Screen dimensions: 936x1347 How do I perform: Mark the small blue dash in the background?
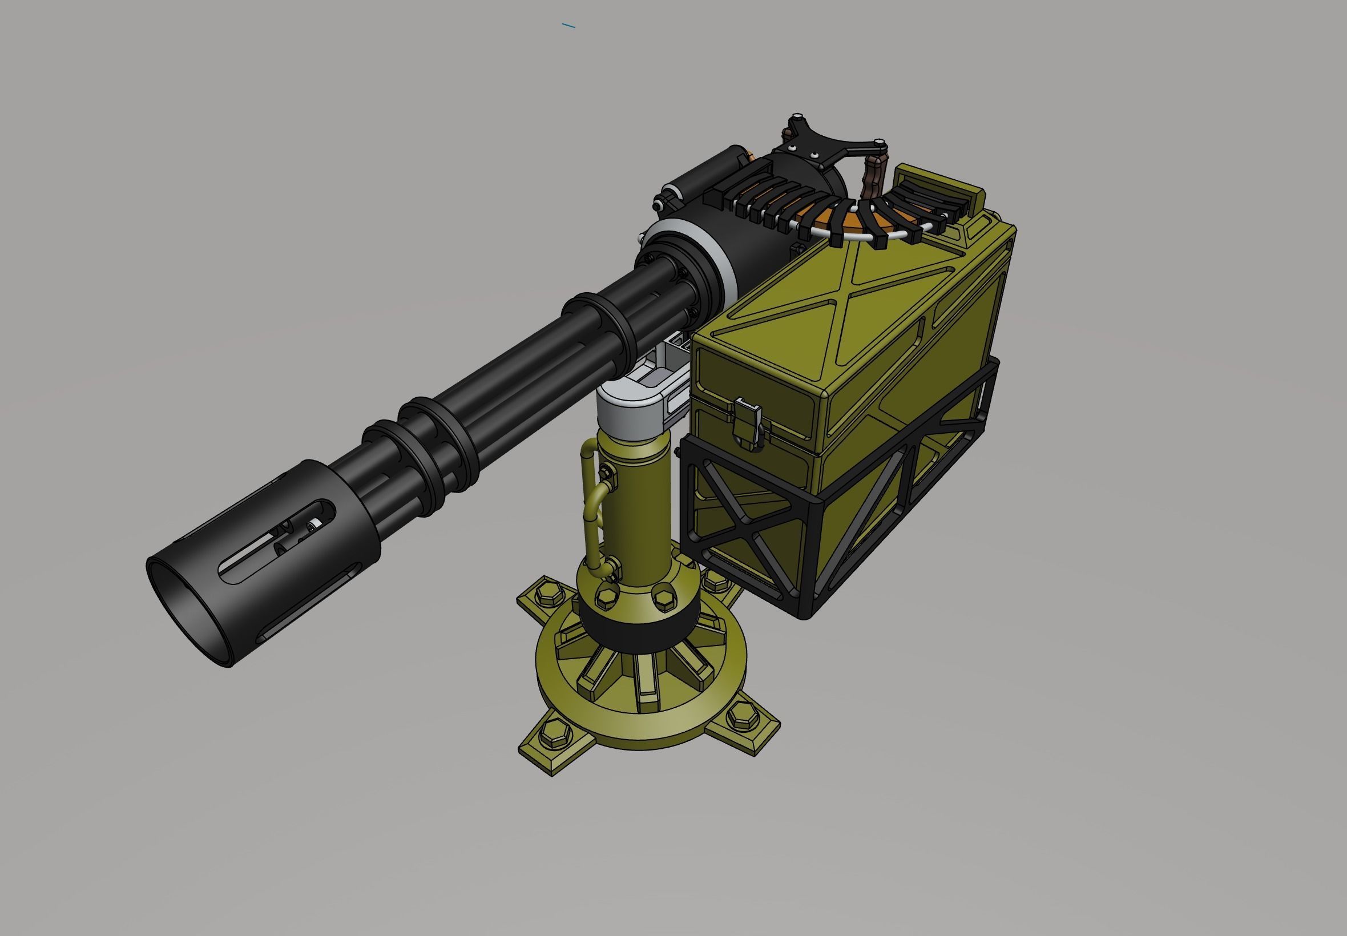[x=568, y=25]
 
